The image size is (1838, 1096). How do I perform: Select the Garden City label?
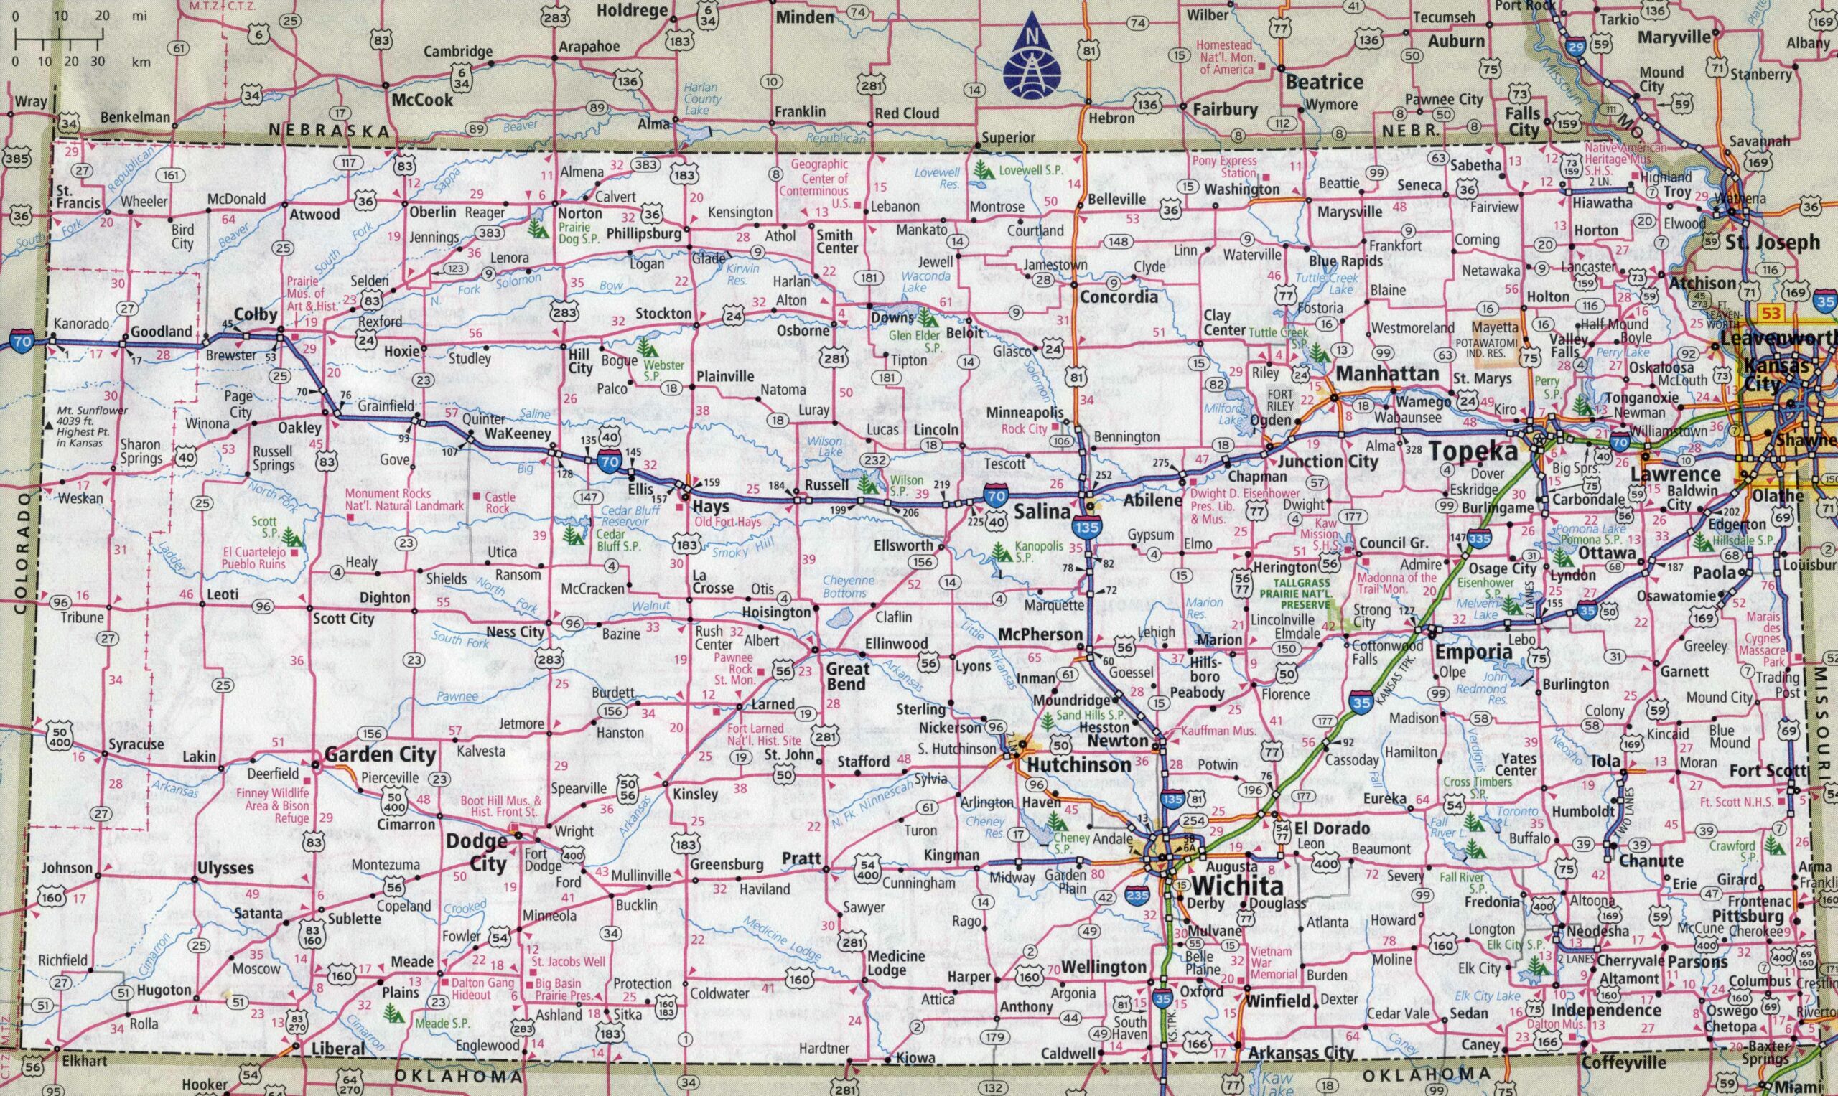[x=380, y=755]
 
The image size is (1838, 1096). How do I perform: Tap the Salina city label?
[x=1042, y=511]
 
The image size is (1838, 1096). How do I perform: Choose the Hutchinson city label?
[x=1078, y=765]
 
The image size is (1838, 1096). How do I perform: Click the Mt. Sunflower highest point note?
[x=95, y=427]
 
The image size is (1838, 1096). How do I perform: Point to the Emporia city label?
[x=1463, y=653]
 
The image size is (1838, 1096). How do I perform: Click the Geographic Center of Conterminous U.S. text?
[x=820, y=184]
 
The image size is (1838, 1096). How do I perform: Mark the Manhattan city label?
[x=1386, y=374]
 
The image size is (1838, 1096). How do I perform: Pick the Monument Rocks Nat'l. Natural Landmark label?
[x=405, y=500]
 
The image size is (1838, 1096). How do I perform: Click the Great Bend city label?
[x=846, y=676]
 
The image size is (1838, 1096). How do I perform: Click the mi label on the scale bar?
[x=139, y=16]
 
